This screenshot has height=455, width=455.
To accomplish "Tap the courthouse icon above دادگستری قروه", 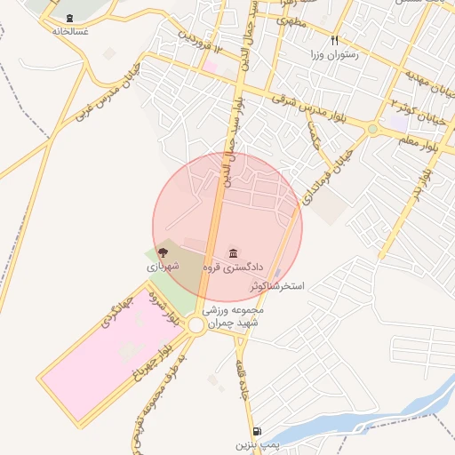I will point(234,252).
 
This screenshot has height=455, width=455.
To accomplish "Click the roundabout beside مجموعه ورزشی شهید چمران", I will point(196,325).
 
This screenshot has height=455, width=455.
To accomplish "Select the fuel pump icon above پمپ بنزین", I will point(257,430).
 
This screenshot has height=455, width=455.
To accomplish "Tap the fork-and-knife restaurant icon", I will point(335,40).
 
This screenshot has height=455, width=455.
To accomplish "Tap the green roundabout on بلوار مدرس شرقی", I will point(372,129).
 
